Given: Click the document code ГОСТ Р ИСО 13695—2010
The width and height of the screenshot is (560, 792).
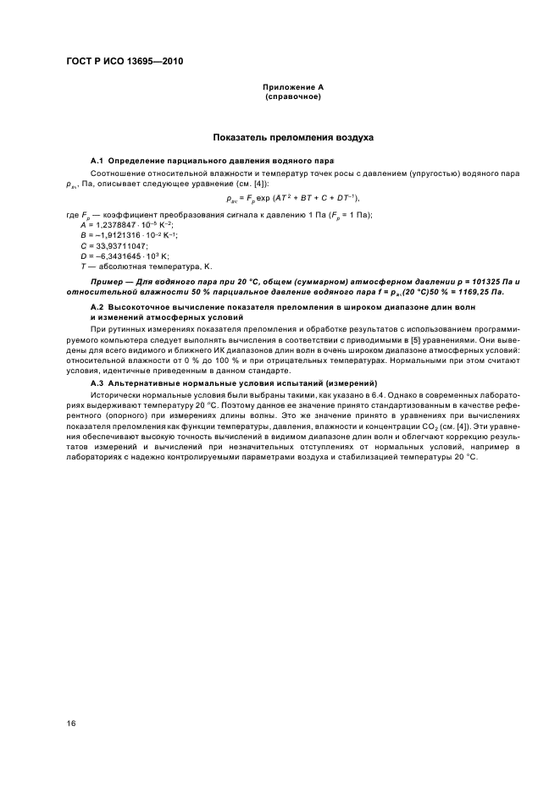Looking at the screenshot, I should tap(125, 63).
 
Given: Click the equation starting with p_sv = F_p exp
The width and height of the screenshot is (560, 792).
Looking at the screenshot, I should tap(280, 200).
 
